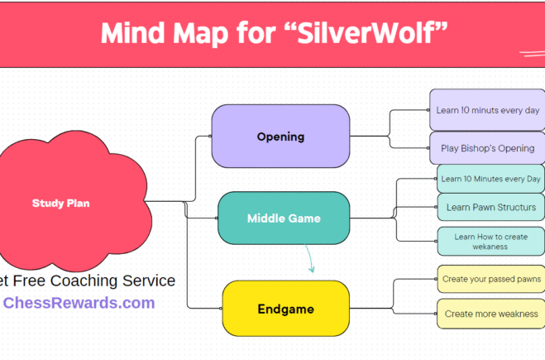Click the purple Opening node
click(x=280, y=137)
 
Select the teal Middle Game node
click(x=284, y=218)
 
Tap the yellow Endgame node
click(x=285, y=309)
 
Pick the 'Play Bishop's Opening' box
click(x=486, y=148)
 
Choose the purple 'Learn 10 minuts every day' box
click(x=487, y=110)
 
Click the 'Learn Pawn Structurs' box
click(x=490, y=207)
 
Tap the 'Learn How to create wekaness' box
click(x=490, y=241)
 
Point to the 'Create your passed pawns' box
click(x=490, y=280)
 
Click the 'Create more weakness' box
click(x=490, y=314)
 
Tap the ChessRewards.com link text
click(x=79, y=303)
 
